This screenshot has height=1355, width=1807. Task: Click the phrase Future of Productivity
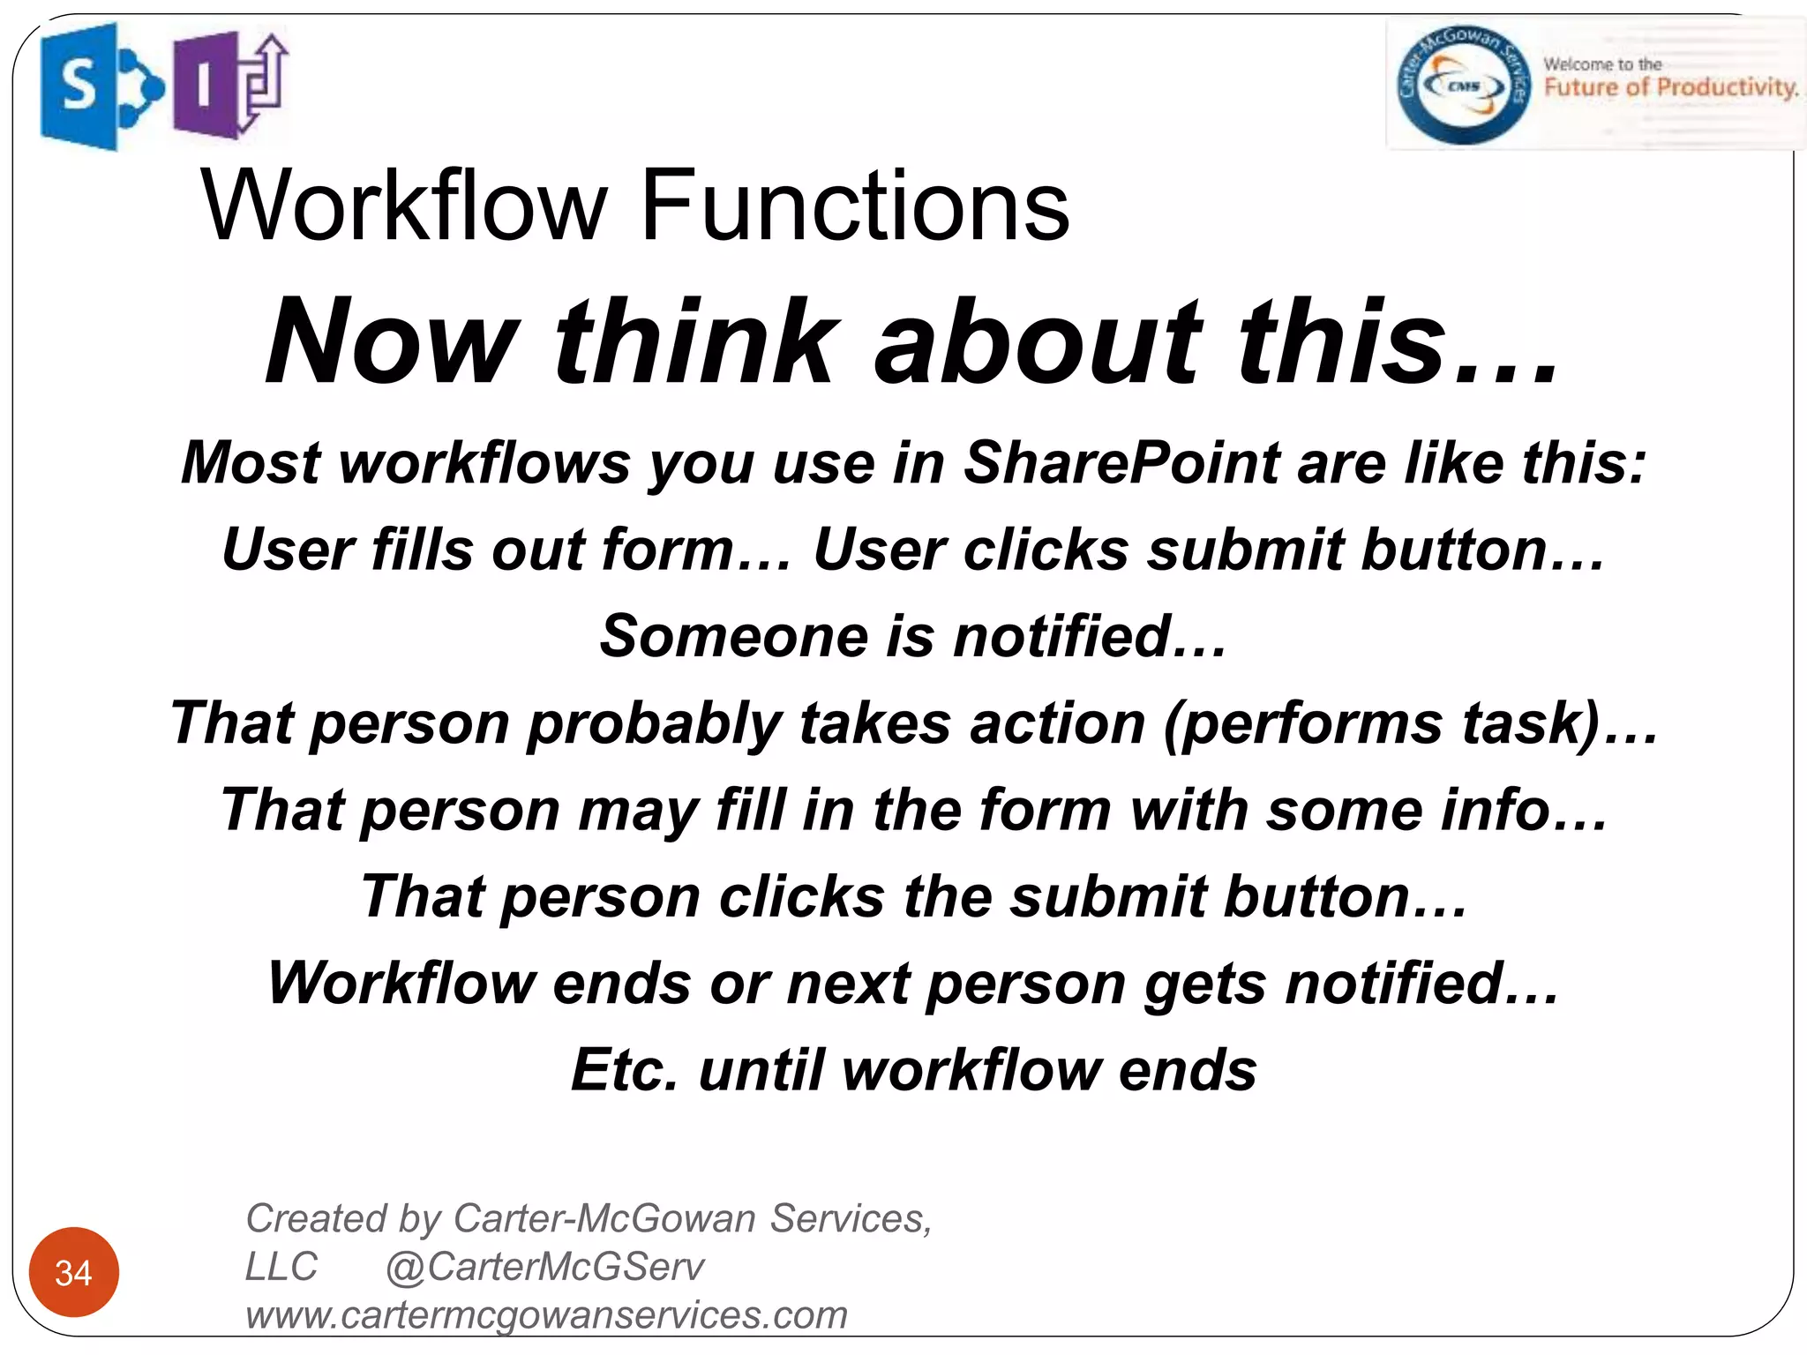tap(1670, 87)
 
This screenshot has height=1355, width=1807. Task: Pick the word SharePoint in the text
tap(1121, 462)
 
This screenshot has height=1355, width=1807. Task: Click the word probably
tap(654, 723)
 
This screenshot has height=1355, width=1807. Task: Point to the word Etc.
tap(625, 1070)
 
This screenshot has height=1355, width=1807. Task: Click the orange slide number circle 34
tap(74, 1272)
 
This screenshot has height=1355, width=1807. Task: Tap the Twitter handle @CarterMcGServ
tap(544, 1267)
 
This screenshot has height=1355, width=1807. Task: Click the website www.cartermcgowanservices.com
tap(546, 1314)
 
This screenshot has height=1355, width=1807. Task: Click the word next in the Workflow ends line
tap(848, 984)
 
